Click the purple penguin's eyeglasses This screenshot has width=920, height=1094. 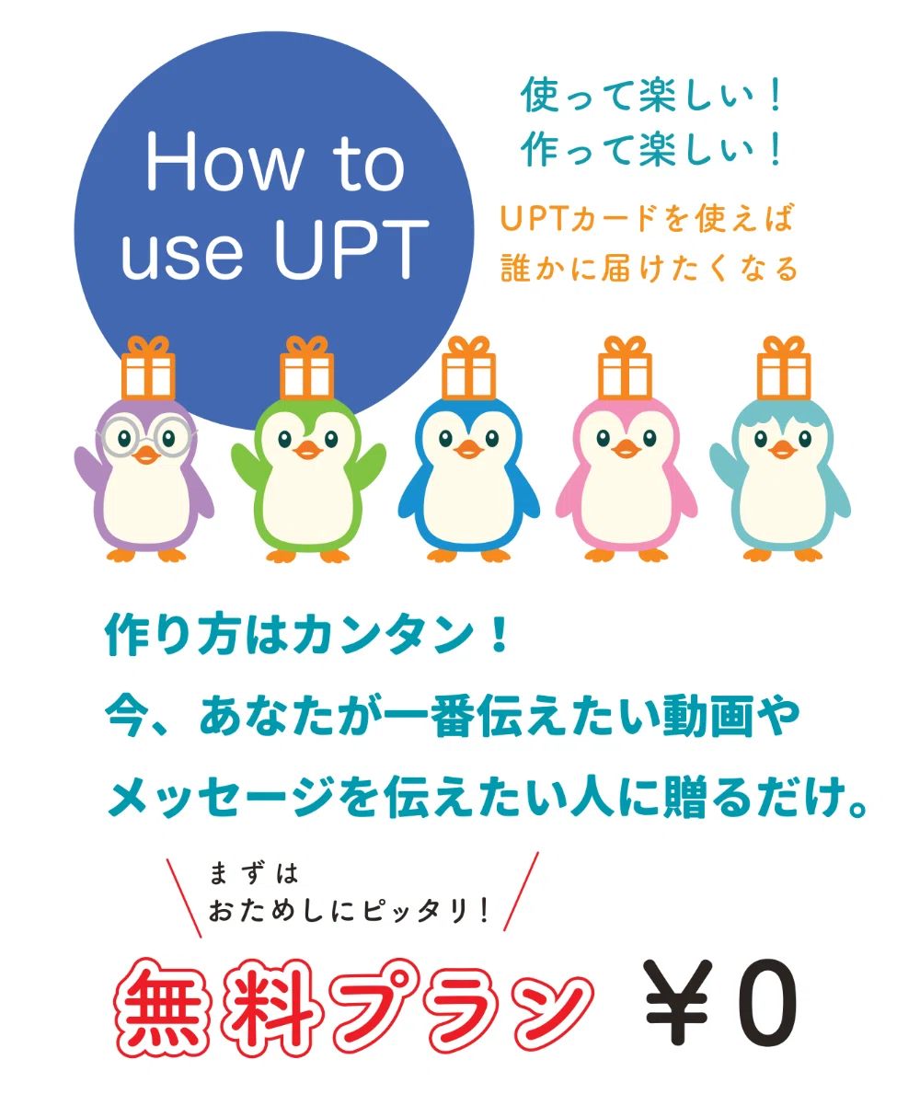pos(145,437)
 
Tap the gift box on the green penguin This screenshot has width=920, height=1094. pos(307,368)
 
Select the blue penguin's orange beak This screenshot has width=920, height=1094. pos(468,449)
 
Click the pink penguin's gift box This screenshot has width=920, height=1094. pos(625,368)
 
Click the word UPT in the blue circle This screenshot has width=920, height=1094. pos(351,249)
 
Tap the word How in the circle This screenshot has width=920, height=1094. pos(224,162)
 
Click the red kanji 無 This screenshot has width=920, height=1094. pos(163,1006)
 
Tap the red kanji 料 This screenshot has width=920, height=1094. pos(272,1006)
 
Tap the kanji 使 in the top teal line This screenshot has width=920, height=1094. pos(541,95)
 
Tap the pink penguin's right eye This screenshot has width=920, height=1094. pos(650,438)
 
